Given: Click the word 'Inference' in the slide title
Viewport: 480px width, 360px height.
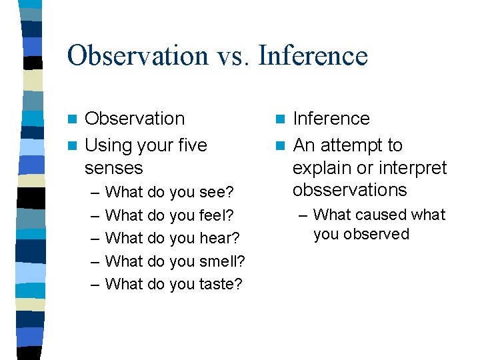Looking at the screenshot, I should [313, 55].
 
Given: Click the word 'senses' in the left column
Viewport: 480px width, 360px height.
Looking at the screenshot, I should [114, 167].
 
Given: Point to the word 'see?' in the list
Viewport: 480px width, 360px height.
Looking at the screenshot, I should [216, 193].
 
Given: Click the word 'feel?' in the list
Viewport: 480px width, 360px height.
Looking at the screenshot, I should [216, 215].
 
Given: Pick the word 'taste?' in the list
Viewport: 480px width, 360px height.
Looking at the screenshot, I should [220, 284].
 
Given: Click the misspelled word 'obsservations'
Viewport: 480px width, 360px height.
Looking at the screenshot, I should [349, 190].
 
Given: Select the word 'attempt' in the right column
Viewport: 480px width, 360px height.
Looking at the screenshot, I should [351, 145].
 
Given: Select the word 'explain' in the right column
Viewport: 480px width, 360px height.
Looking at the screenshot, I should [320, 167].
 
